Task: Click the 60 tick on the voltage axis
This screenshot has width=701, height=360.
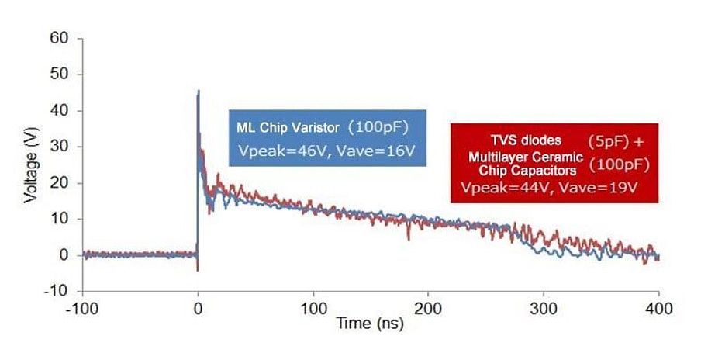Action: pyautogui.click(x=61, y=38)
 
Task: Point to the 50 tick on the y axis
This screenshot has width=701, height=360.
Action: pyautogui.click(x=61, y=74)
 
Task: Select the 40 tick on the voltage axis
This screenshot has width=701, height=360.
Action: pyautogui.click(x=61, y=111)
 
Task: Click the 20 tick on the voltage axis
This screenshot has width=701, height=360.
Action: pyautogui.click(x=61, y=183)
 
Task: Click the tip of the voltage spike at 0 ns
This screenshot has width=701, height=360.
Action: pyautogui.click(x=199, y=92)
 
